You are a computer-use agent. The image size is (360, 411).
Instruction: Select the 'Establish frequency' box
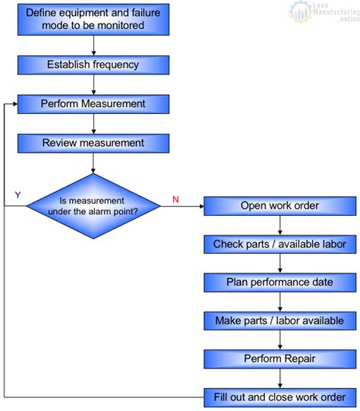[93, 65]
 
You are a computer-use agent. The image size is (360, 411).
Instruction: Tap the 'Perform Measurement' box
[93, 103]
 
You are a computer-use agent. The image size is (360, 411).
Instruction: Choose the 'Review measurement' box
[93, 143]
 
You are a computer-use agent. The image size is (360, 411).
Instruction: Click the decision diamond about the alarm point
[93, 206]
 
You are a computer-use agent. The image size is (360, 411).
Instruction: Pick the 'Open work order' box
[279, 206]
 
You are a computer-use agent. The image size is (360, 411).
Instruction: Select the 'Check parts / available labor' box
[279, 244]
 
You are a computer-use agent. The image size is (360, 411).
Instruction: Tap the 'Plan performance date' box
[279, 283]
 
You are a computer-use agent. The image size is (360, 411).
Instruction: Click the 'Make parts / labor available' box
[279, 321]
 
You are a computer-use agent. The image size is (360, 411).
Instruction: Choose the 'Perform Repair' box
[279, 359]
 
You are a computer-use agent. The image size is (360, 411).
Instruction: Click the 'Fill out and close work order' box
[279, 397]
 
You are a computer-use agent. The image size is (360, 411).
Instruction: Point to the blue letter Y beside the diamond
[17, 195]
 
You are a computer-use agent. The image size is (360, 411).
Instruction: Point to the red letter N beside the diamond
[175, 199]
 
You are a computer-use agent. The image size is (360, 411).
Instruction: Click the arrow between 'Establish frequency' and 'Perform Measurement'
[93, 84]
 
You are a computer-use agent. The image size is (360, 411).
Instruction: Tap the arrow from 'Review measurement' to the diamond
[93, 162]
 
